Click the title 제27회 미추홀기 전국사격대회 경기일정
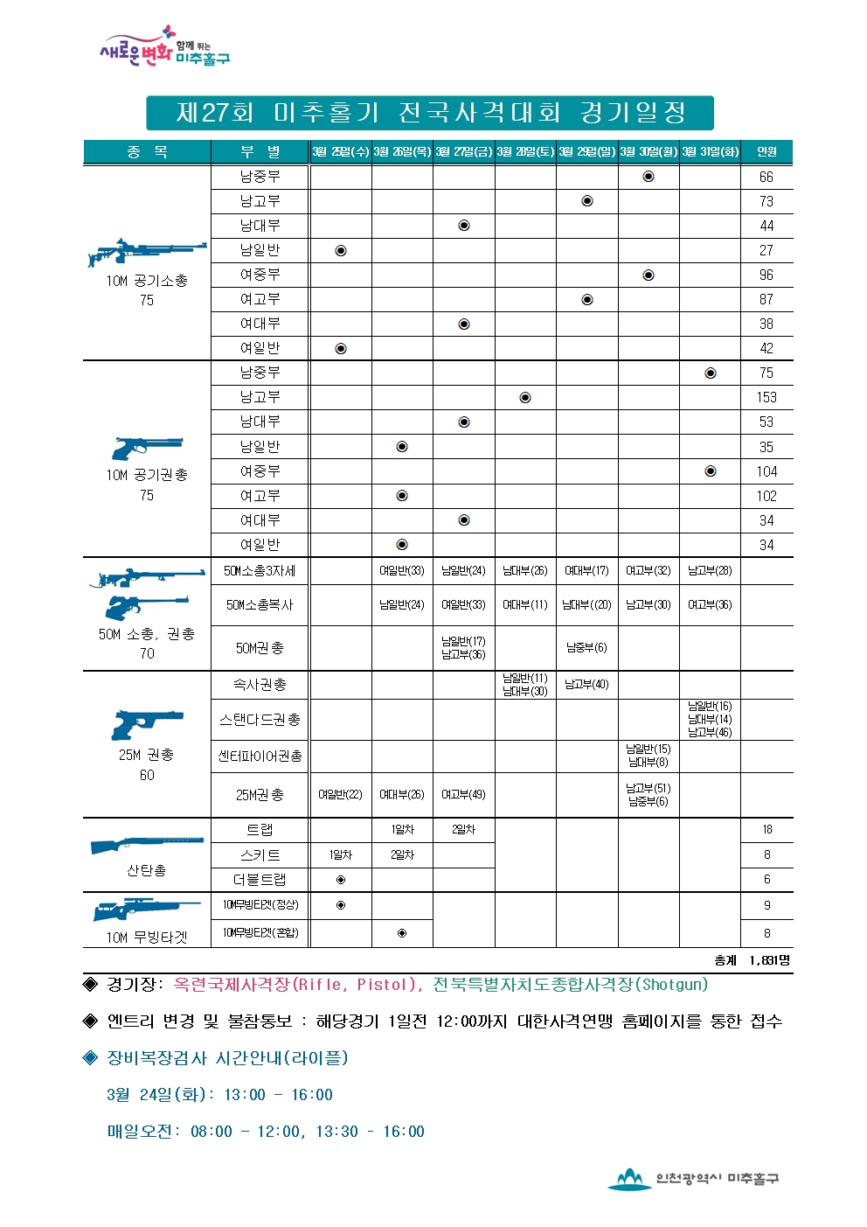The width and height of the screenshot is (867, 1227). tap(430, 113)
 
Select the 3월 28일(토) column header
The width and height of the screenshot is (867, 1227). tap(525, 152)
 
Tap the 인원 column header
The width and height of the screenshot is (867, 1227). tap(766, 152)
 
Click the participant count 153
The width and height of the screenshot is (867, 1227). tap(766, 398)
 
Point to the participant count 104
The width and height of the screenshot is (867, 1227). tap(766, 471)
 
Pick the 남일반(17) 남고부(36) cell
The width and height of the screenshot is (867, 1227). tap(463, 648)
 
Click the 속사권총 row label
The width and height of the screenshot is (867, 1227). tap(260, 685)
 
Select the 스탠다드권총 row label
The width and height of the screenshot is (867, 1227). tap(260, 720)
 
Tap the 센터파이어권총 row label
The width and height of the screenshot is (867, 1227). tap(260, 756)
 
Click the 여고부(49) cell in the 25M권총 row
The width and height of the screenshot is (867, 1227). tap(463, 795)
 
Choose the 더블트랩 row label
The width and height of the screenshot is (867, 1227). tap(260, 880)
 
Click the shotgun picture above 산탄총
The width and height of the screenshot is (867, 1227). tap(147, 845)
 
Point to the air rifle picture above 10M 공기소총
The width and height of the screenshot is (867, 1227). tap(147, 253)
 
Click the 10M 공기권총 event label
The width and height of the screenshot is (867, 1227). tap(147, 475)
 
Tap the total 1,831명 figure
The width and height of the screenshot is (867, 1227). tap(769, 960)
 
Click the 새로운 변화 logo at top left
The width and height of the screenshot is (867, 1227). tap(163, 48)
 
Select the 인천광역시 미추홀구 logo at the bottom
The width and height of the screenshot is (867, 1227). tap(694, 1179)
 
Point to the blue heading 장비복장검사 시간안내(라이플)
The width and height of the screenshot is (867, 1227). tap(226, 1058)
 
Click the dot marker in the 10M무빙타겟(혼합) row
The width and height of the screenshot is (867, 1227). tap(402, 933)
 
